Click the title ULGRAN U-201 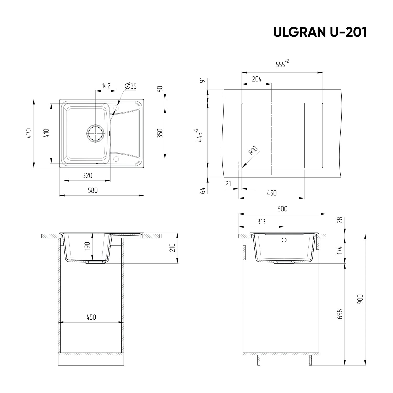tap(320, 32)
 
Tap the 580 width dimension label tap(93, 190)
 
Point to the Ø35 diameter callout tap(131, 86)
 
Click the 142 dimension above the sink tap(106, 86)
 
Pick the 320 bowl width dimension tap(88, 175)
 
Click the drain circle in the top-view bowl tap(95, 133)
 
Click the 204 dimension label tap(256, 79)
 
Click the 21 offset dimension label tap(228, 184)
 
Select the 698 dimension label tap(340, 314)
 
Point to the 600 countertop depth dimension tap(282, 209)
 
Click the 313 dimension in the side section tap(261, 222)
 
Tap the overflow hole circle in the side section tap(284, 240)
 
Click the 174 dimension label tap(340, 250)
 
